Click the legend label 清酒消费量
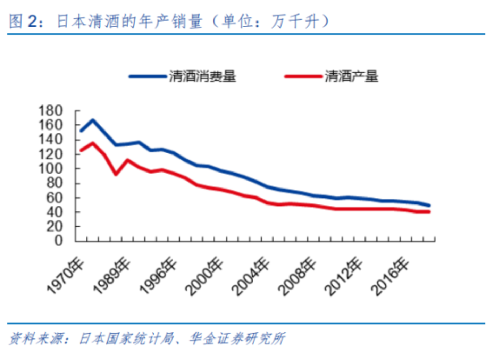(202, 76)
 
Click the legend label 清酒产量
(351, 76)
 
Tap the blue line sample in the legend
(148, 76)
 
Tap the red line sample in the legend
(303, 76)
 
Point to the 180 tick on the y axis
(51, 111)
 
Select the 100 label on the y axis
(51, 169)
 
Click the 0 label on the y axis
(58, 241)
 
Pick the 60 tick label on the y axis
(54, 198)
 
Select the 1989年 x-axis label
(112, 276)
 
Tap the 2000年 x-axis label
(205, 276)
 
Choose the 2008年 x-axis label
(298, 276)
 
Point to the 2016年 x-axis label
(390, 276)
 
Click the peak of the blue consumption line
(93, 120)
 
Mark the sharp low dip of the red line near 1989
(116, 174)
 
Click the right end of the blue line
(429, 206)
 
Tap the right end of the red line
(429, 211)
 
